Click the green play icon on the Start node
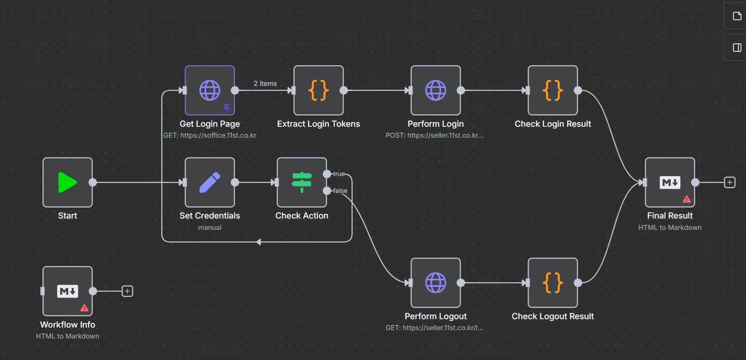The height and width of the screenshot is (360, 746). click(x=67, y=182)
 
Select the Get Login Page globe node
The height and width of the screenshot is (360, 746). click(x=210, y=90)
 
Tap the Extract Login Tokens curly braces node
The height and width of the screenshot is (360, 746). click(x=318, y=90)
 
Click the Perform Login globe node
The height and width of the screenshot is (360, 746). click(x=435, y=90)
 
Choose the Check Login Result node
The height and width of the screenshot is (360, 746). click(x=552, y=90)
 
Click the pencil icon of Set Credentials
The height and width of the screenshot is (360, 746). click(x=210, y=182)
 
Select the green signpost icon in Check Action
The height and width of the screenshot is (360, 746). click(x=301, y=182)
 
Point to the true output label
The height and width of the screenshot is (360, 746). click(x=339, y=174)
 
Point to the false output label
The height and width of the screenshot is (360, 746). click(x=340, y=191)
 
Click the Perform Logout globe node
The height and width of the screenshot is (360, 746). click(x=435, y=283)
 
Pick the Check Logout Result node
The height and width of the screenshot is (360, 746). click(x=552, y=283)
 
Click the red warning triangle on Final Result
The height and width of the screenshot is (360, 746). click(x=687, y=199)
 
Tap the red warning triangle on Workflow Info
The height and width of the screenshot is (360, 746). click(x=84, y=308)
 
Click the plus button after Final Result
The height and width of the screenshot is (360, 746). click(x=730, y=182)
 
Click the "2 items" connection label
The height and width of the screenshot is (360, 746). click(x=265, y=84)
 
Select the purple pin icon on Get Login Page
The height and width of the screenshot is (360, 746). click(x=226, y=107)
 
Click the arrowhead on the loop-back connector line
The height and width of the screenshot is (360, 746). click(x=258, y=242)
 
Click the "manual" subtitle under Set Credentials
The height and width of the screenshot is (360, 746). click(x=210, y=228)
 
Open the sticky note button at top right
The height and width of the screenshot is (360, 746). click(x=737, y=16)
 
